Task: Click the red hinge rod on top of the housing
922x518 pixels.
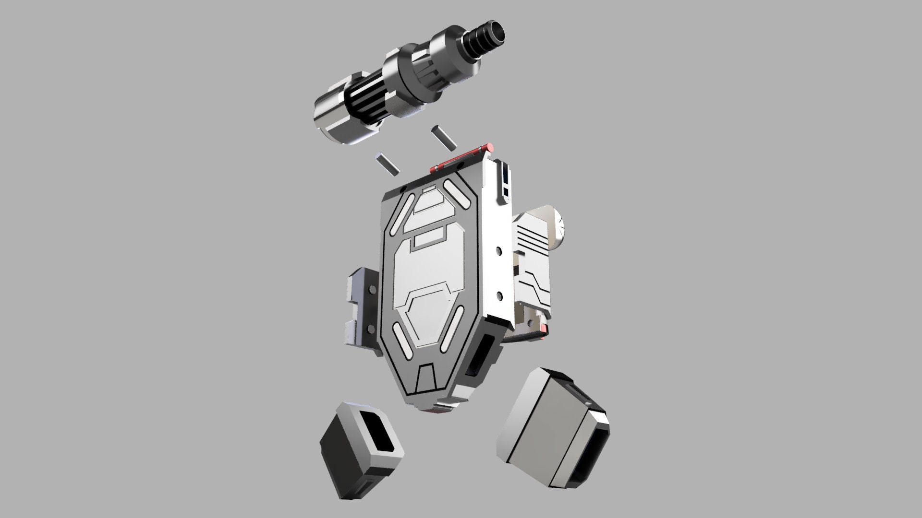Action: [461, 158]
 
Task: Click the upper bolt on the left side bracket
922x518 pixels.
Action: [372, 290]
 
